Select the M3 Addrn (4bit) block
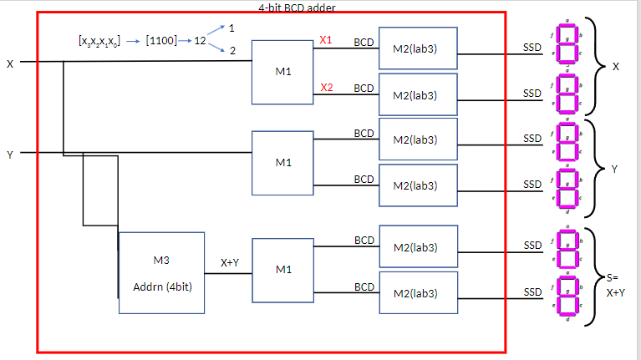pyautogui.click(x=161, y=272)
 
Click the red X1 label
pyautogui.click(x=326, y=40)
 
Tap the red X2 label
pyautogui.click(x=326, y=87)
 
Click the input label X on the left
pyautogui.click(x=10, y=63)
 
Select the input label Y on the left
pyautogui.click(x=10, y=154)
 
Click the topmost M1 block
pyautogui.click(x=283, y=71)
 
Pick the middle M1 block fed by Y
pyautogui.click(x=283, y=162)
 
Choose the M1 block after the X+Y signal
pyautogui.click(x=283, y=270)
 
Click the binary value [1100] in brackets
pyautogui.click(x=160, y=40)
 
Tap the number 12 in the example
pyautogui.click(x=200, y=40)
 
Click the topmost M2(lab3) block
pyautogui.click(x=418, y=48)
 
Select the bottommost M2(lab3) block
pyautogui.click(x=418, y=292)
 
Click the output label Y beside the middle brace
pyautogui.click(x=614, y=169)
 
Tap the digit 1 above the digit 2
pyautogui.click(x=231, y=28)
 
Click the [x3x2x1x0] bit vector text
pyautogui.click(x=99, y=40)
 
